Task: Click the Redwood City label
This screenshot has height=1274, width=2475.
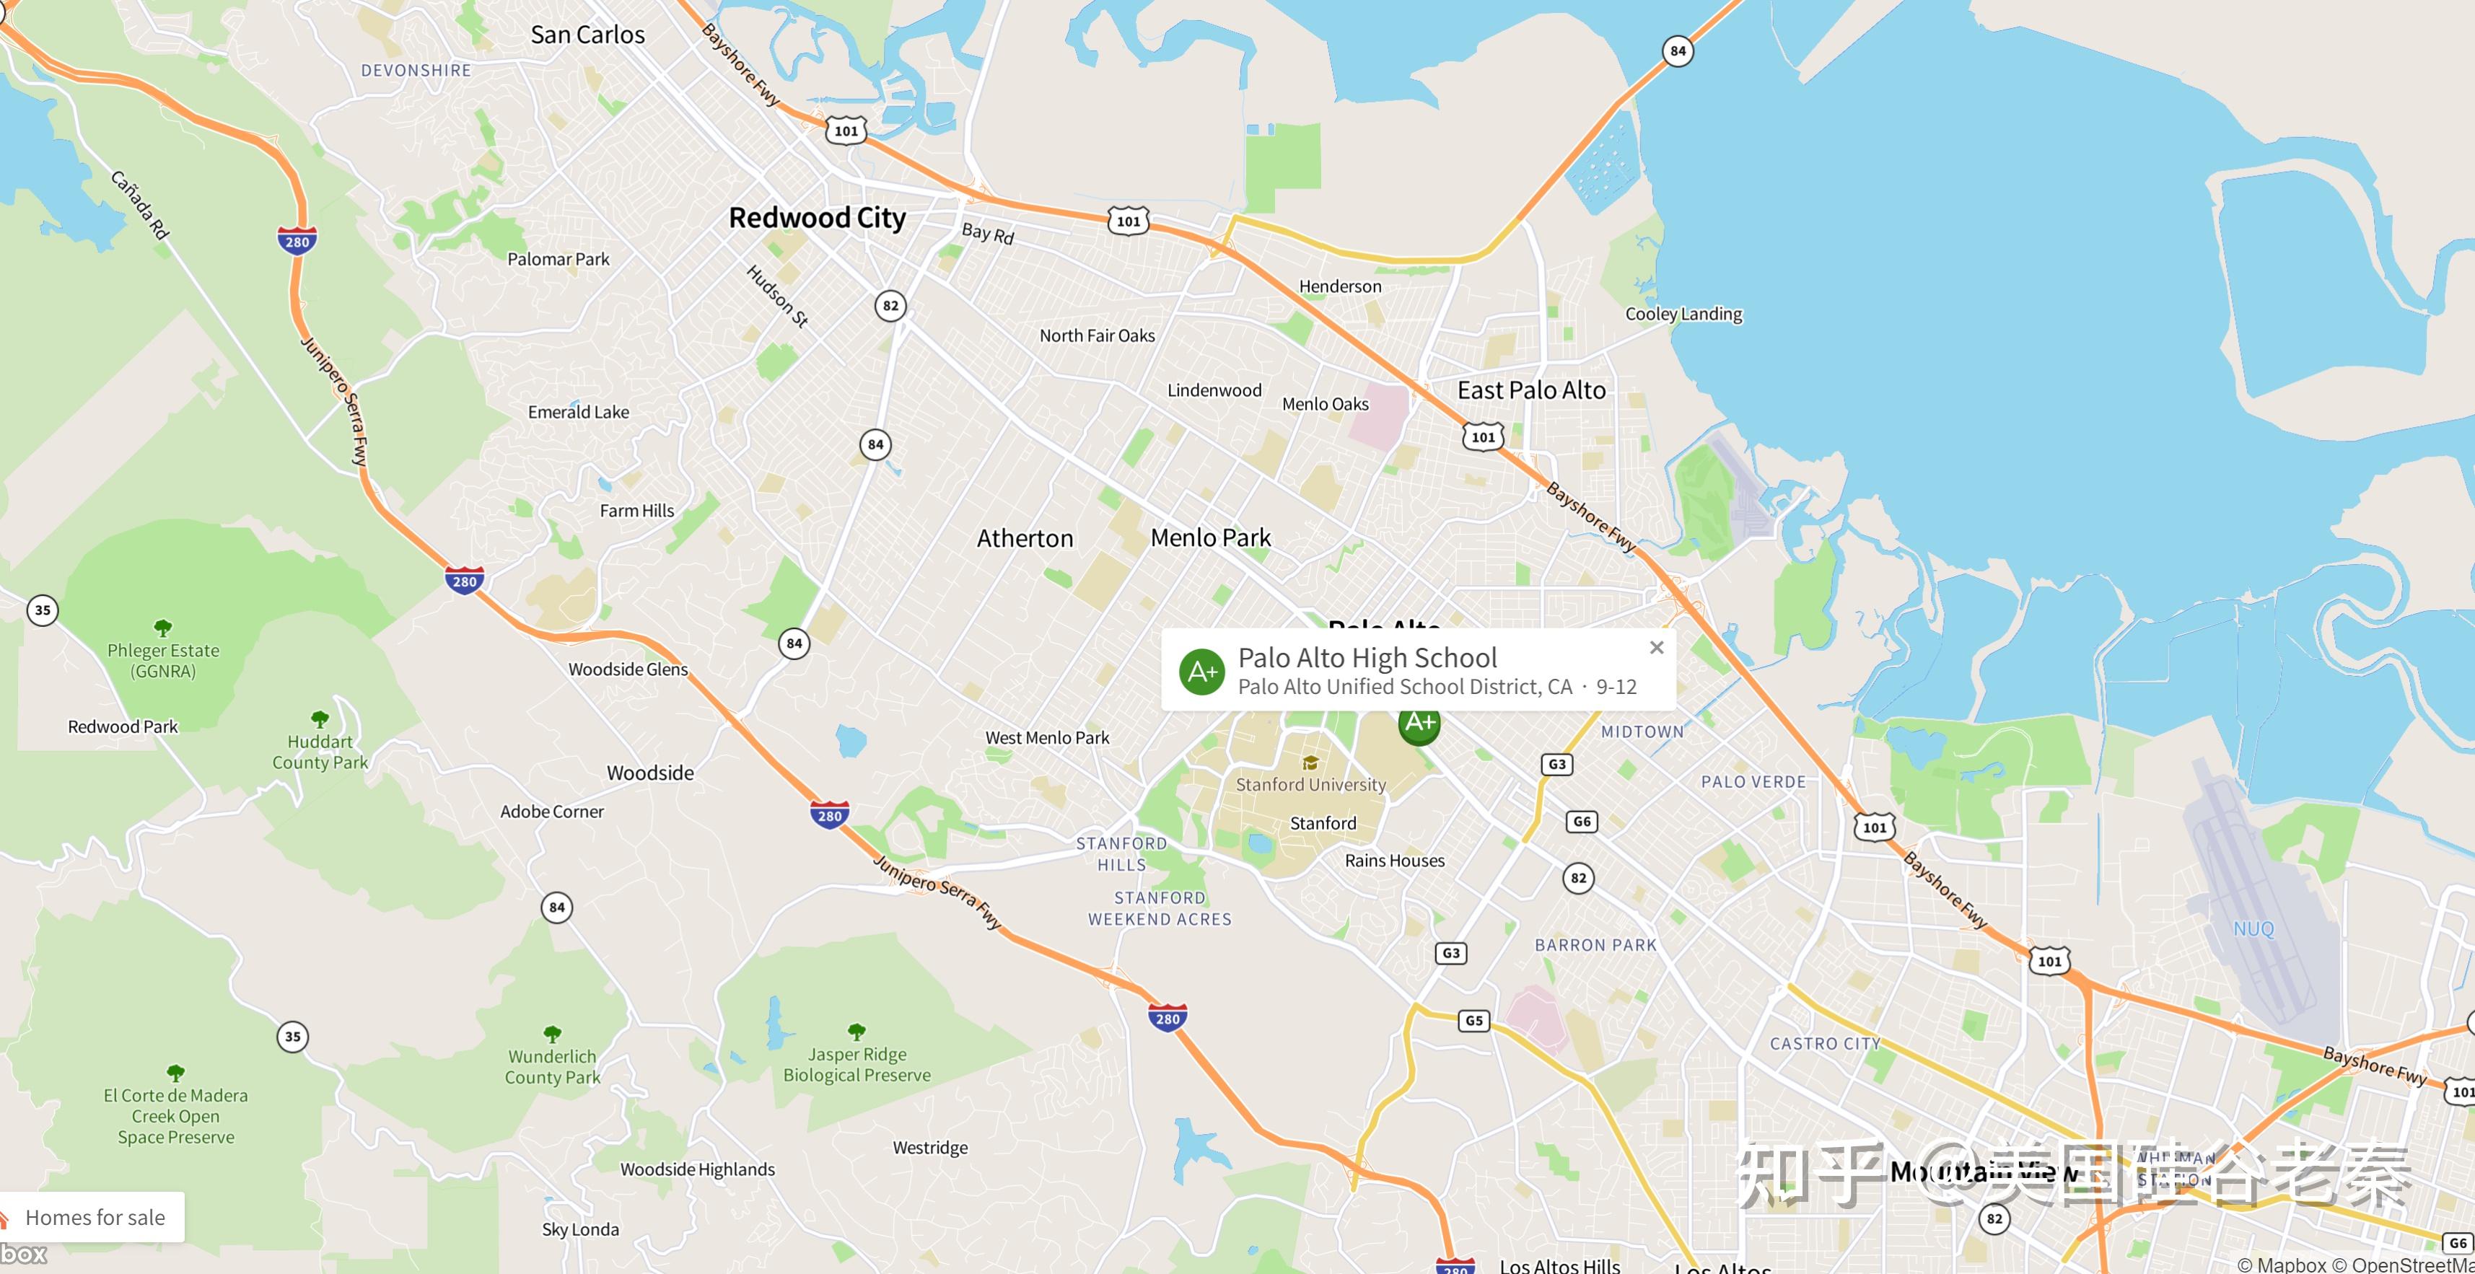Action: click(817, 218)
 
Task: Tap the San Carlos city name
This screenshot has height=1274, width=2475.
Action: click(587, 35)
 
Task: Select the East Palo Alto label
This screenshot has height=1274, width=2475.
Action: click(1530, 390)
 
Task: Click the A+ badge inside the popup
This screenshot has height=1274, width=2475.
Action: click(1202, 672)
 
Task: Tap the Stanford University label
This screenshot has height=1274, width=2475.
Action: click(1310, 784)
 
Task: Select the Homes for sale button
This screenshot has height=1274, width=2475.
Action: click(94, 1217)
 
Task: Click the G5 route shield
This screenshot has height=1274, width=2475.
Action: click(1474, 1020)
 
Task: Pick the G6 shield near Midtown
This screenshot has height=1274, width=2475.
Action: click(1582, 822)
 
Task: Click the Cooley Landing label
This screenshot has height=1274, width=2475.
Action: click(1683, 315)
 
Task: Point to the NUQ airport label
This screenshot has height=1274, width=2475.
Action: click(2253, 929)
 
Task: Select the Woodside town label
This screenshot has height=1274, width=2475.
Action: click(649, 773)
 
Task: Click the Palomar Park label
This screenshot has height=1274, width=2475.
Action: click(558, 260)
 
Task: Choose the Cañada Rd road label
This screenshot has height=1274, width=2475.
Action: click(140, 205)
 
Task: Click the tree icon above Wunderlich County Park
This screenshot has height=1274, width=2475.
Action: click(553, 1034)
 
